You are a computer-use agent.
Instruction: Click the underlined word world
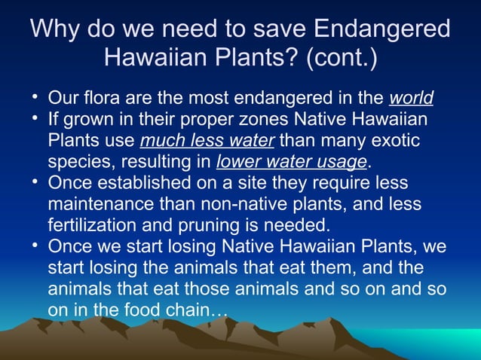(411, 99)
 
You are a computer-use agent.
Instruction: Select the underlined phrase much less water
(208, 141)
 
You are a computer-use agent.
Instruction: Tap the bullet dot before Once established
(35, 183)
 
